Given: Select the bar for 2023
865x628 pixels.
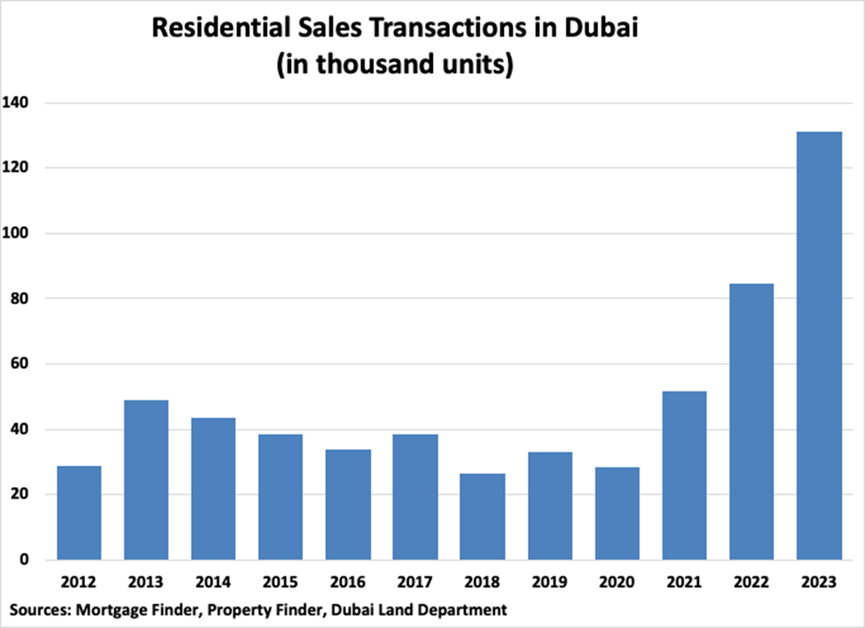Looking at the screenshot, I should point(819,346).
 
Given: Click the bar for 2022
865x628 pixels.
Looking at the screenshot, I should point(751,421).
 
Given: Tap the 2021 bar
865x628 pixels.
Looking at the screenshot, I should point(684,475).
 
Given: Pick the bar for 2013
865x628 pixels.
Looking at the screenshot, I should point(145,480).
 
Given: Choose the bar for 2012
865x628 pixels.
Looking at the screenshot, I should point(79,513).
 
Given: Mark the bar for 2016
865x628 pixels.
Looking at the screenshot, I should point(348,505).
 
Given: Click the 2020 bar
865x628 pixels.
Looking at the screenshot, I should point(617,514).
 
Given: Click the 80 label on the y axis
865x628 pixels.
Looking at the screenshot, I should point(20,299).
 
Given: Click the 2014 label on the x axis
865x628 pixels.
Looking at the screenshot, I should point(213,584).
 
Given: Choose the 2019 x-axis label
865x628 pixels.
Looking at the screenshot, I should point(550,584).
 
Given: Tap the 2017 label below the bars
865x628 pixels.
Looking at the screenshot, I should point(415,584).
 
